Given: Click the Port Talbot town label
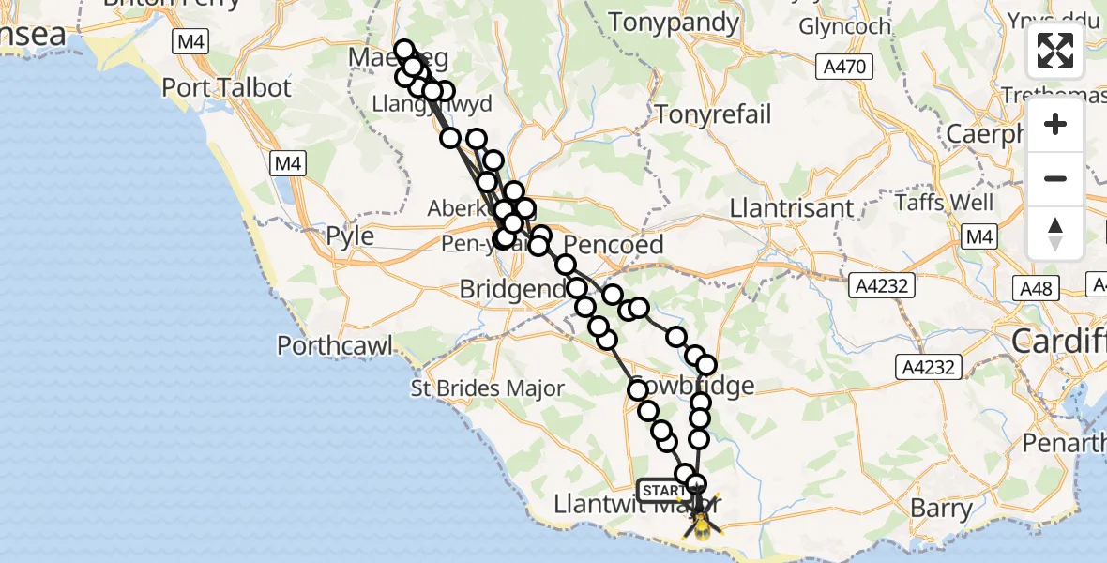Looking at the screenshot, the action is coord(227,87).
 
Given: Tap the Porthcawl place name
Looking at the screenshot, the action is coord(335,345).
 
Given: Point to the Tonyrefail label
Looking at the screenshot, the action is coord(714,114).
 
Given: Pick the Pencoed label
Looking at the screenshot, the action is coord(614,246).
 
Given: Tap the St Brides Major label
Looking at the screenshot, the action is coord(489,388).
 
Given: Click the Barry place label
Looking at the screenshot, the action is coord(941,509).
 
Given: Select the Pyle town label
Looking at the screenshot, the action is coord(349,236).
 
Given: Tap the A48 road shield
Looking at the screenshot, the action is coord(1038,287).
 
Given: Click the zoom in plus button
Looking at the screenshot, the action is coord(1055,124).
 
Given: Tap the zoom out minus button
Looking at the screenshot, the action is coord(1055,178).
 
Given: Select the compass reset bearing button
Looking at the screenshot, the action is coord(1055,233).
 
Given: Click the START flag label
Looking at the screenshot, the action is coord(665,491).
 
